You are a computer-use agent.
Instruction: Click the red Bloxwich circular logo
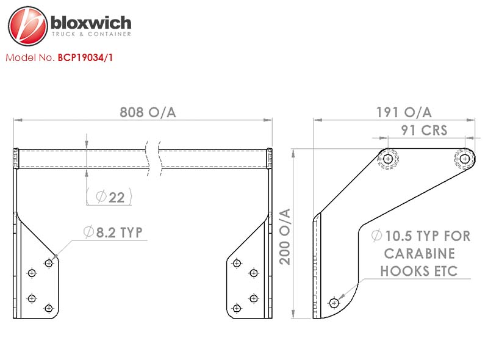(27, 26)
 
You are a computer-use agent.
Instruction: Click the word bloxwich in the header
(91, 23)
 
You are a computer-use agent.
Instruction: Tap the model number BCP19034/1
(85, 57)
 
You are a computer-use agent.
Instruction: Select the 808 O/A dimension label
(148, 112)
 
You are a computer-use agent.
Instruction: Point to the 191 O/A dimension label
(404, 112)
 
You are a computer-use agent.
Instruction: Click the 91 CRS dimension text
(424, 130)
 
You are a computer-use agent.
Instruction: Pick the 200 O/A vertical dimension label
(285, 237)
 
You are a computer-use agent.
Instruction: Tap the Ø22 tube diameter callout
(110, 197)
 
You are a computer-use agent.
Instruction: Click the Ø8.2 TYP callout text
(113, 232)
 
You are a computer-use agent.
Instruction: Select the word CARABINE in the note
(420, 253)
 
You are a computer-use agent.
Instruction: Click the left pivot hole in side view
(387, 159)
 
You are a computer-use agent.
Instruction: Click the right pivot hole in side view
(465, 159)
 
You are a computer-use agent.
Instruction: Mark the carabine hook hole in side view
(334, 303)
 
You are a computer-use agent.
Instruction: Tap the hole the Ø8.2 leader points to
(49, 264)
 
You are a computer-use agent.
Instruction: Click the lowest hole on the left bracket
(49, 308)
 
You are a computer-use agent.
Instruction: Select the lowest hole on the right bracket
(237, 308)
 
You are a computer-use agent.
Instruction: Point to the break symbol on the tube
(153, 159)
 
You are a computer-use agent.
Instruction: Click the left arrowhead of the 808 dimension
(18, 120)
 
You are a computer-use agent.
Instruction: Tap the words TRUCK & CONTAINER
(91, 34)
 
